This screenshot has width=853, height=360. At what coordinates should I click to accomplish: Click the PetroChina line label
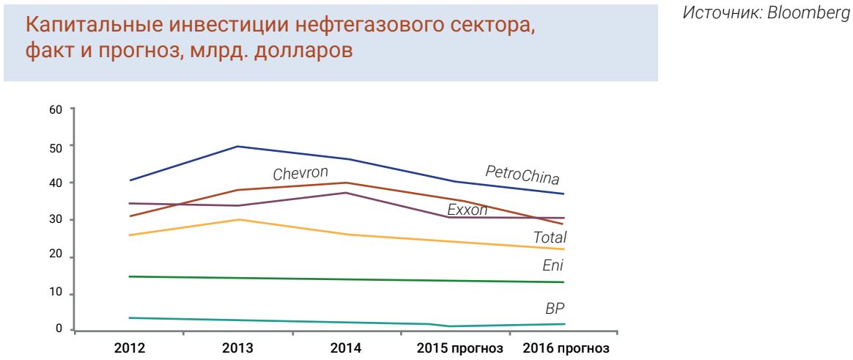click(x=522, y=175)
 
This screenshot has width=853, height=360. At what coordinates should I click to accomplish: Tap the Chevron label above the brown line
click(x=300, y=175)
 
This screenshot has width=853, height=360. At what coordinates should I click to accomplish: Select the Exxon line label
click(x=467, y=210)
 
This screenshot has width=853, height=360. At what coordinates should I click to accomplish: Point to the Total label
click(x=550, y=238)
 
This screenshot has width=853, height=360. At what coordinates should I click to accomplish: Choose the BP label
click(x=555, y=309)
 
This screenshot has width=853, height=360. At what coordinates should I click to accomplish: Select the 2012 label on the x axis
click(x=129, y=348)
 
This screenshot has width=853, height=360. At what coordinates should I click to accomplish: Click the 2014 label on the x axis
click(x=347, y=348)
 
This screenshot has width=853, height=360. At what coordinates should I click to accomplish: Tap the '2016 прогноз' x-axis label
click(x=565, y=348)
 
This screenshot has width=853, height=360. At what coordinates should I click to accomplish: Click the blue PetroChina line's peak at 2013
click(x=238, y=147)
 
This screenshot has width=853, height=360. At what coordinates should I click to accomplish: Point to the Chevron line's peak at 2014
click(x=347, y=183)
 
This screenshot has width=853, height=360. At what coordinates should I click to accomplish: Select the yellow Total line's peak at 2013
click(x=238, y=219)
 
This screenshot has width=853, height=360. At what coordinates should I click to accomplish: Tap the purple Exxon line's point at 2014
click(x=347, y=193)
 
